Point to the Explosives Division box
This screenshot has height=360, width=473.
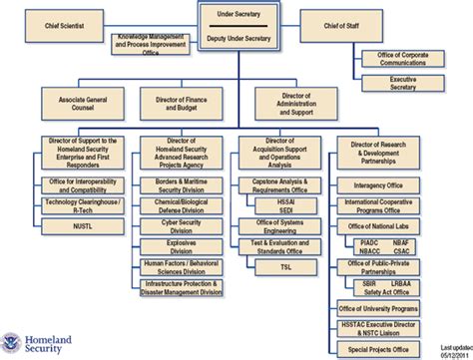183,244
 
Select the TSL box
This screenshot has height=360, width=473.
286,268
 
